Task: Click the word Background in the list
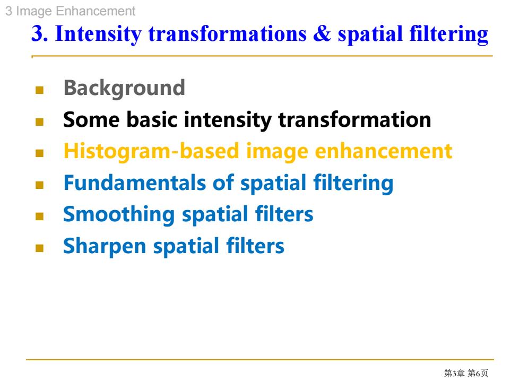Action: coord(124,89)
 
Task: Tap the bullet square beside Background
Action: coord(39,90)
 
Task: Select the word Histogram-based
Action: coord(151,152)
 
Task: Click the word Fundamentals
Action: coord(135,183)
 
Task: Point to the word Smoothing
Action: coord(119,215)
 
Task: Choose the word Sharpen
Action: coord(105,246)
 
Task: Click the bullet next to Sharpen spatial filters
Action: coord(39,248)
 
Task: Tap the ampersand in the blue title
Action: coord(322,33)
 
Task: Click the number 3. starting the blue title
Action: coord(40,33)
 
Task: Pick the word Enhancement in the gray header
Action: coord(96,11)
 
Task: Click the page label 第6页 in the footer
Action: coord(478,373)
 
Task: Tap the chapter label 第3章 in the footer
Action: coord(454,373)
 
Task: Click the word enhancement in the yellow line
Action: coord(383,151)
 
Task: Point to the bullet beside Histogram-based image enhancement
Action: coord(39,153)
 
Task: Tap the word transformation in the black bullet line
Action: coord(354,119)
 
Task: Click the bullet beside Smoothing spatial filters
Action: coord(39,216)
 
